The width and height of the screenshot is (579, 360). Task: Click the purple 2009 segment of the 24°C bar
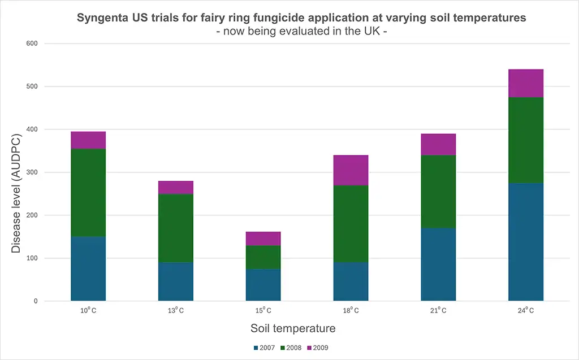pyautogui.click(x=526, y=84)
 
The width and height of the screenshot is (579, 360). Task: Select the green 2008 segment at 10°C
pyautogui.click(x=88, y=193)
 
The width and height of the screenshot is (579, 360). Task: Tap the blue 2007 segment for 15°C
pyautogui.click(x=263, y=285)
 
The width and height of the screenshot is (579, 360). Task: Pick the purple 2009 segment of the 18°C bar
pyautogui.click(x=351, y=170)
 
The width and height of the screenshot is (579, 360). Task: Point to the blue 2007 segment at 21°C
pyautogui.click(x=438, y=264)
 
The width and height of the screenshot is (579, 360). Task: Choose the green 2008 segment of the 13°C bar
pyautogui.click(x=176, y=228)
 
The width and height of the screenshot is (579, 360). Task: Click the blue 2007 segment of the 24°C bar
pyautogui.click(x=526, y=242)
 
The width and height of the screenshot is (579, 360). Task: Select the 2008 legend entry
pyautogui.click(x=290, y=348)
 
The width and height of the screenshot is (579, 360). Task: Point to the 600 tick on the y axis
pyautogui.click(x=32, y=44)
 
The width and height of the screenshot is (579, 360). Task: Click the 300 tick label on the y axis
pyautogui.click(x=32, y=172)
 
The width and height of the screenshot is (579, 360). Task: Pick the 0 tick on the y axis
pyautogui.click(x=36, y=301)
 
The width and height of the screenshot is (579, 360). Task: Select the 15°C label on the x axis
pyautogui.click(x=263, y=310)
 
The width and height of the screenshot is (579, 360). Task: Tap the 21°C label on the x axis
pyautogui.click(x=438, y=310)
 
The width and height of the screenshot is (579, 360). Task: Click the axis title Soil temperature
pyautogui.click(x=293, y=328)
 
